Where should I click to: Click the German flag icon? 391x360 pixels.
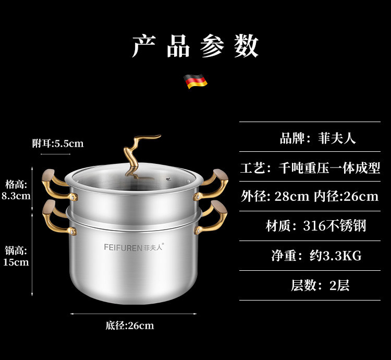click(195, 81)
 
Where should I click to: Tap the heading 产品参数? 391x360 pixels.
click(195, 46)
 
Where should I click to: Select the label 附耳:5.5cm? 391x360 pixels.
click(58, 143)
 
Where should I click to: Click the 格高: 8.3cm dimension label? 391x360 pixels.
click(16, 190)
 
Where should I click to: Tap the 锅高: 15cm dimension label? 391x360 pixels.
click(16, 256)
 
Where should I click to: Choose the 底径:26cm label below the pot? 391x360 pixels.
click(130, 326)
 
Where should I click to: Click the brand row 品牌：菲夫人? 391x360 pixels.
click(317, 138)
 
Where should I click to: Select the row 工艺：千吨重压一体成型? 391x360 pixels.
click(310, 168)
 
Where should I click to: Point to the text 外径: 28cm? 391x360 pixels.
click(275, 197)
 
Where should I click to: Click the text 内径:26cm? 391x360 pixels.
click(346, 197)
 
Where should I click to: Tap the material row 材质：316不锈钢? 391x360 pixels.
click(316, 226)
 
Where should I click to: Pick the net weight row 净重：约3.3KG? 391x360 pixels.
click(316, 256)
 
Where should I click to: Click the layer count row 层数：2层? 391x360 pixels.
click(320, 285)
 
